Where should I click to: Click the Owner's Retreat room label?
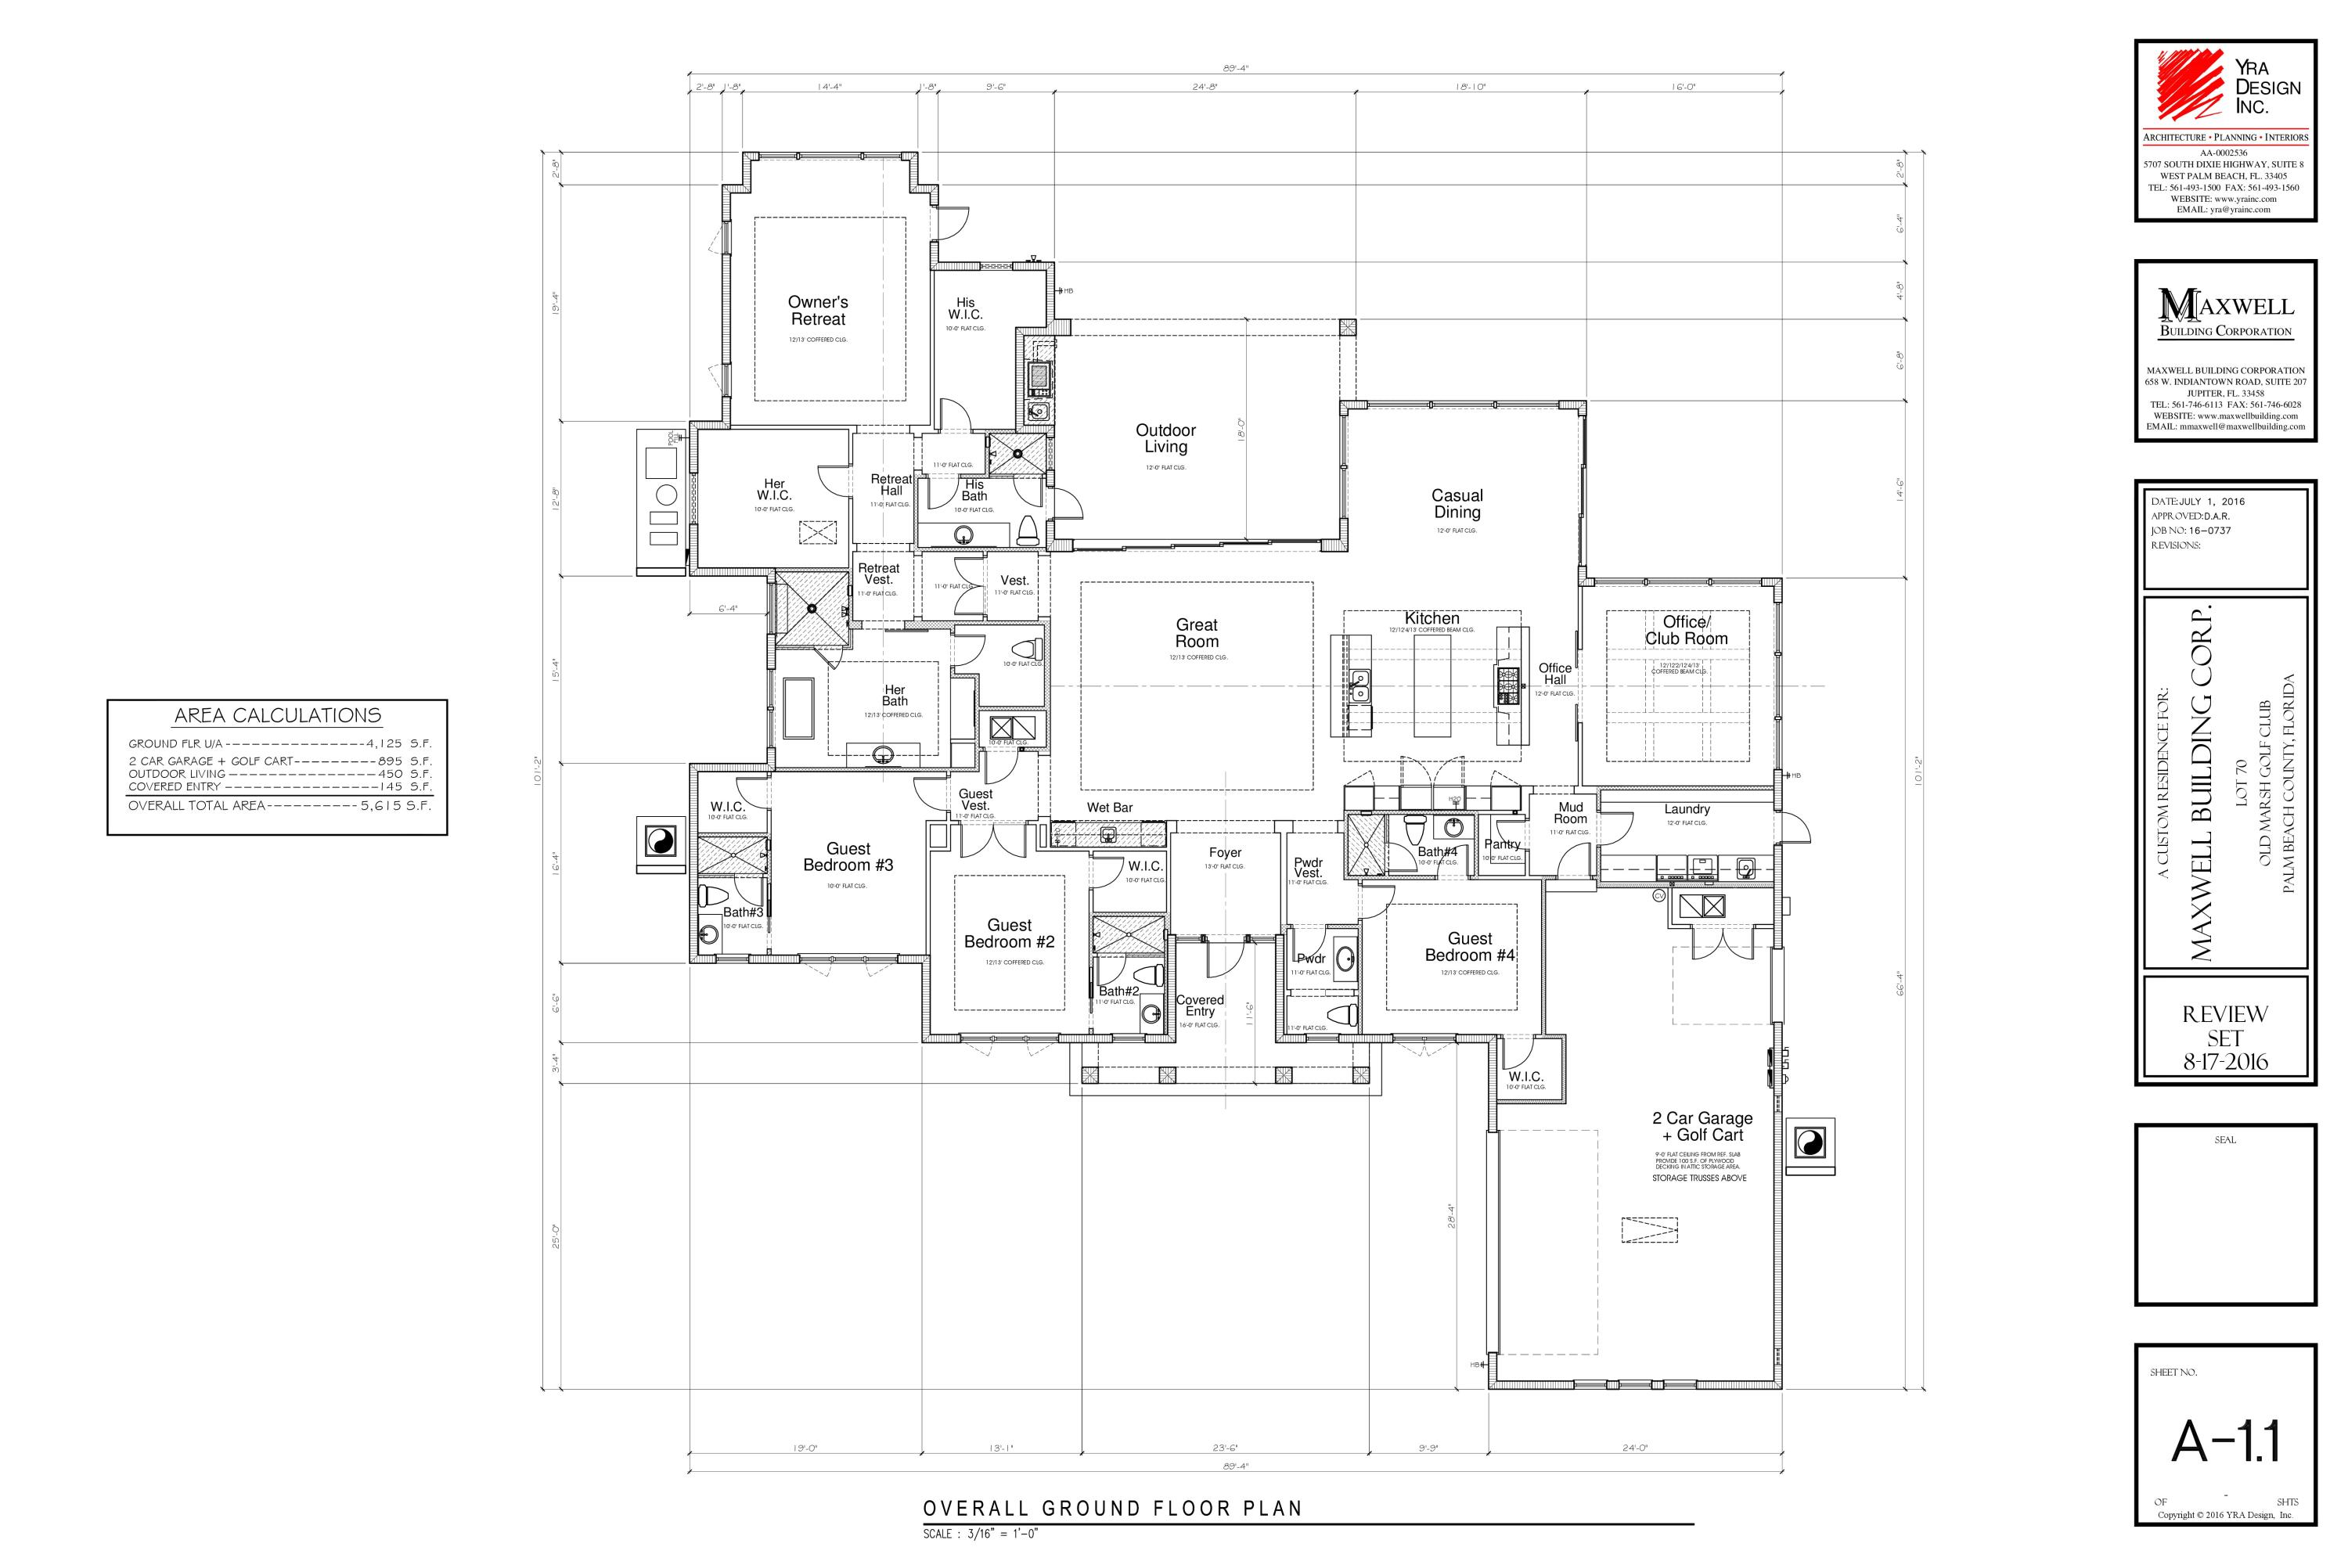pyautogui.click(x=818, y=311)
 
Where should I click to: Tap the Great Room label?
pyautogui.click(x=1196, y=634)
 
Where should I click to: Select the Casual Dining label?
pyautogui.click(x=1457, y=504)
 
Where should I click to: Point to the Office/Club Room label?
pyautogui.click(x=1686, y=631)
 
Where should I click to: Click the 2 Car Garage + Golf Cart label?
pyautogui.click(x=1702, y=1127)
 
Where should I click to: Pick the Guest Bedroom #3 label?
pyautogui.click(x=848, y=856)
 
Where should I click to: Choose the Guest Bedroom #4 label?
pyautogui.click(x=1470, y=947)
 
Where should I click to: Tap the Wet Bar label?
pyautogui.click(x=1109, y=808)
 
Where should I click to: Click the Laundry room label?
pyautogui.click(x=1686, y=809)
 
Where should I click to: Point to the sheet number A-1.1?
pyautogui.click(x=2225, y=1441)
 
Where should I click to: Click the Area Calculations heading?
pyautogui.click(x=278, y=716)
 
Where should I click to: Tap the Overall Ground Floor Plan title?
pyautogui.click(x=1112, y=1508)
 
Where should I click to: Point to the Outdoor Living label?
pyautogui.click(x=1165, y=439)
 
